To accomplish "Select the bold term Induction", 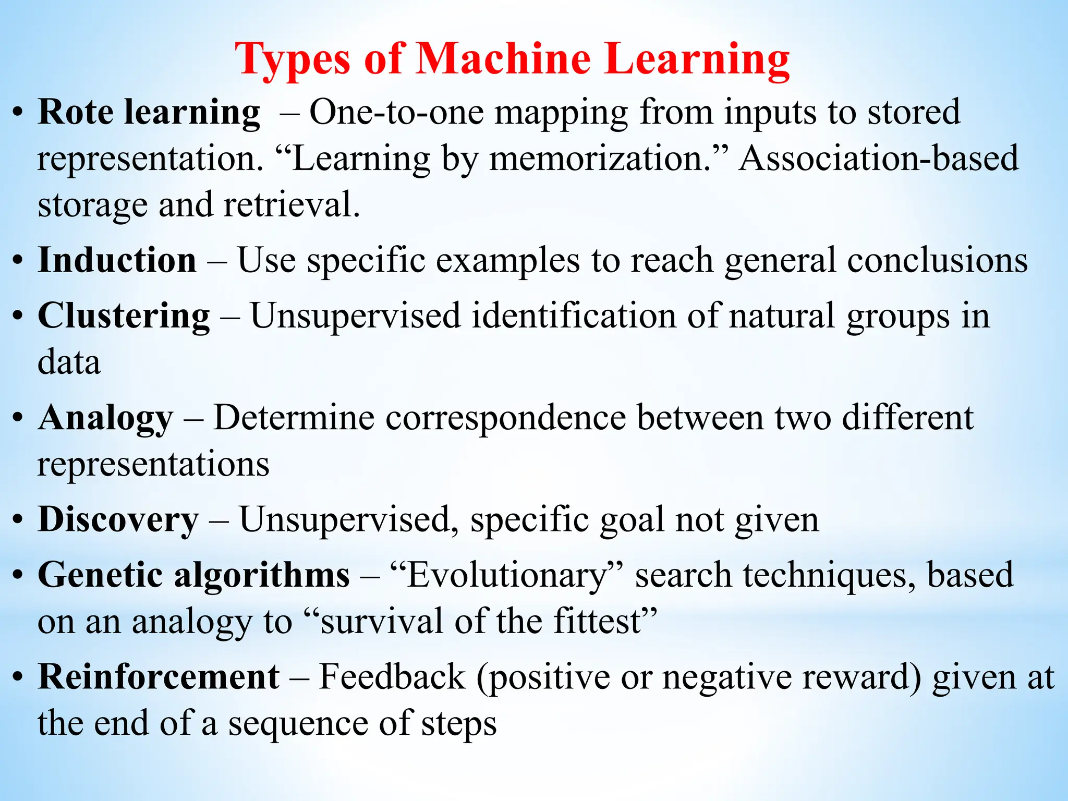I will [117, 260].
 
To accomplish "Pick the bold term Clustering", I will [124, 316].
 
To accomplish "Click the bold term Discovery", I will [118, 519].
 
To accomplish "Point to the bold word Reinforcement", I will [159, 676].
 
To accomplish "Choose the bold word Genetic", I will [100, 575].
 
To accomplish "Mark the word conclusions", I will [937, 260].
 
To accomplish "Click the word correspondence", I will [506, 418].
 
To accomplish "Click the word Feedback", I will [392, 676].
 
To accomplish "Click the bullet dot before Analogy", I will [18, 418].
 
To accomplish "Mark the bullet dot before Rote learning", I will [18, 113].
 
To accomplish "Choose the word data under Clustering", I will [69, 362].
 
